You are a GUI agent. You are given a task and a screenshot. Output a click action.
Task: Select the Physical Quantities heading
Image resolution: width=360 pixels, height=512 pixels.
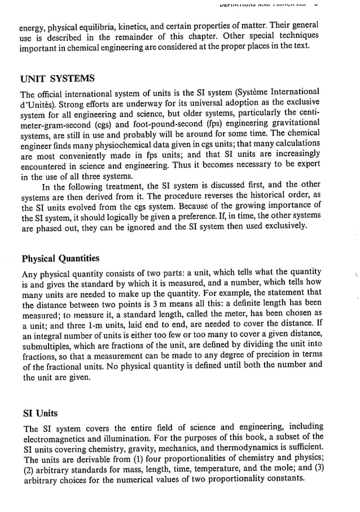coord(60,259)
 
